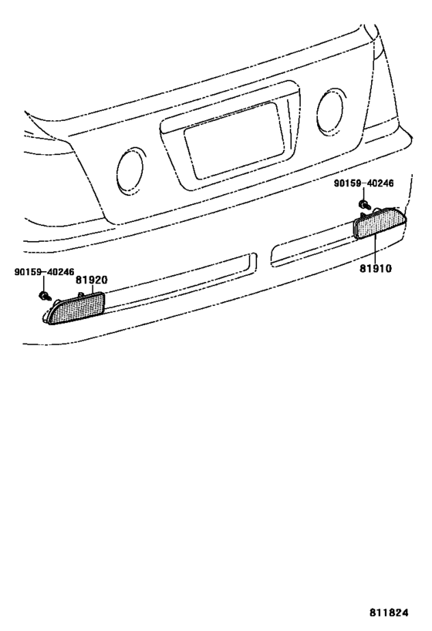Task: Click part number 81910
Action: tap(376, 268)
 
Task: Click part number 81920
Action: tap(92, 280)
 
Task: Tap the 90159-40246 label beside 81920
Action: tap(44, 272)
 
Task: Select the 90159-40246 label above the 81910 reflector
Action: tap(363, 183)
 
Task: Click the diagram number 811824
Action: tap(389, 613)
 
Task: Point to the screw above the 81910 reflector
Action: tap(365, 204)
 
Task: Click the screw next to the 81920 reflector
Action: tap(45, 297)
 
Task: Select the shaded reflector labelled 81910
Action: tap(380, 223)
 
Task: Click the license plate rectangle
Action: tap(235, 140)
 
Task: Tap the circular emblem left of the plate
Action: tap(130, 169)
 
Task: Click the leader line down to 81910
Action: tap(375, 250)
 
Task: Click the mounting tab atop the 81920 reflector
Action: tap(80, 295)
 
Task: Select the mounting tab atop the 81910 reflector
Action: tap(376, 209)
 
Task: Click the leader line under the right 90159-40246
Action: tap(363, 194)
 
